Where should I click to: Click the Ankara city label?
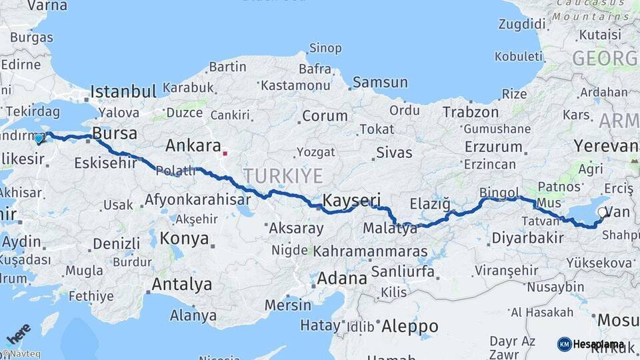pos(193,145)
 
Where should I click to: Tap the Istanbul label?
pos(123,91)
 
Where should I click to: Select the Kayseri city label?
pos(351,200)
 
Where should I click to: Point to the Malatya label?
pos(390,229)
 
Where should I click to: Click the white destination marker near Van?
pos(603,213)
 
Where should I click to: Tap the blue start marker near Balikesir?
pos(39,139)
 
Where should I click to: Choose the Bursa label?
pos(115,133)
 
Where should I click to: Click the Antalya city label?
pos(182,285)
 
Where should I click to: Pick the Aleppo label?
pos(409,327)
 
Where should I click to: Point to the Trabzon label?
pos(471,112)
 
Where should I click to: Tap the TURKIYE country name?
pos(283,176)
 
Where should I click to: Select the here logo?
pos(18,333)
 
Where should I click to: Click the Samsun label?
pos(380,83)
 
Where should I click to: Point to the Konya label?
pos(185,238)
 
